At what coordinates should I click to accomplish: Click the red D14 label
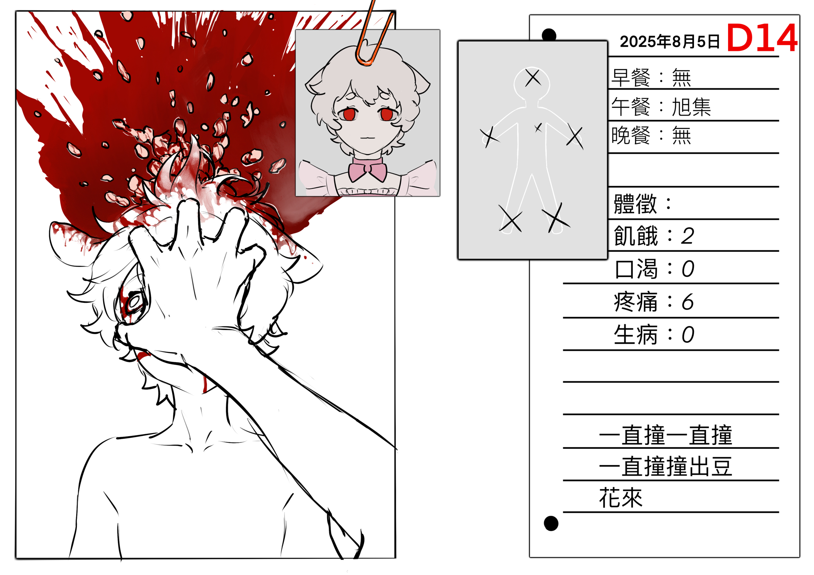click(x=761, y=37)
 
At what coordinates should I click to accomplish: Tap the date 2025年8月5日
click(x=670, y=42)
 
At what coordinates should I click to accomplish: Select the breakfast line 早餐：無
click(x=652, y=77)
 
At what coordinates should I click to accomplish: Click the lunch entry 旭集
click(x=691, y=107)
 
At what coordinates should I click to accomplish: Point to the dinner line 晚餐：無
click(x=652, y=136)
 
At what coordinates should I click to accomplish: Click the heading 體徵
click(x=635, y=203)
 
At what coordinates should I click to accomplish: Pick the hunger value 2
click(x=687, y=236)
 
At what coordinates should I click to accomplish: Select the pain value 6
click(x=687, y=302)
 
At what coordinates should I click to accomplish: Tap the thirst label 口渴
click(x=636, y=269)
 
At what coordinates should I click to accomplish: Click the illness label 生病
click(x=636, y=335)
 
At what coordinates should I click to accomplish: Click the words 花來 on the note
click(x=621, y=497)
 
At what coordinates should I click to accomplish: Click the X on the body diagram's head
click(x=532, y=77)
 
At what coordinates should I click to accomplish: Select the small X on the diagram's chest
click(x=538, y=128)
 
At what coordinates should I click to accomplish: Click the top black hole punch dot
click(x=549, y=35)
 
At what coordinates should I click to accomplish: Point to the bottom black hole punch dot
click(x=551, y=523)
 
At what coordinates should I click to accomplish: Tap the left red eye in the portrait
click(x=349, y=114)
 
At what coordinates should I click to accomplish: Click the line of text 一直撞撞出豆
click(x=665, y=466)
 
